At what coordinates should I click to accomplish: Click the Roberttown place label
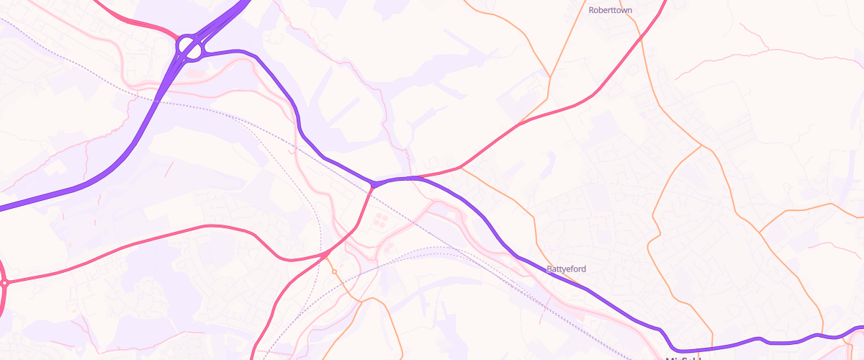[610, 11]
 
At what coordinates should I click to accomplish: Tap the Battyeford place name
[567, 269]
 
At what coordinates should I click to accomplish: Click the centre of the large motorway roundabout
[190, 48]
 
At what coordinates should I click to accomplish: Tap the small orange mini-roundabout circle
[334, 271]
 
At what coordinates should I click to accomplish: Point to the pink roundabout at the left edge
[4, 283]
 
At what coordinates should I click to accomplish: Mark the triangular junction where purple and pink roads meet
[373, 185]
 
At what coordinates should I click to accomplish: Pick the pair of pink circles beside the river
[388, 248]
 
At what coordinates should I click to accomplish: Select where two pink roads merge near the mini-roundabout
[323, 256]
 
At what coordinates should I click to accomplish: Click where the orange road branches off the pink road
[461, 169]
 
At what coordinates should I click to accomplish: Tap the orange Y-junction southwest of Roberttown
[550, 76]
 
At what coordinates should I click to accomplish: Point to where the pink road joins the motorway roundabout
[177, 38]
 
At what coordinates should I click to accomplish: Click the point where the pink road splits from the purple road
[415, 176]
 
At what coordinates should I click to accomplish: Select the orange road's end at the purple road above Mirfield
[713, 346]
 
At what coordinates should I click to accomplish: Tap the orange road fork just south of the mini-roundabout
[360, 300]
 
